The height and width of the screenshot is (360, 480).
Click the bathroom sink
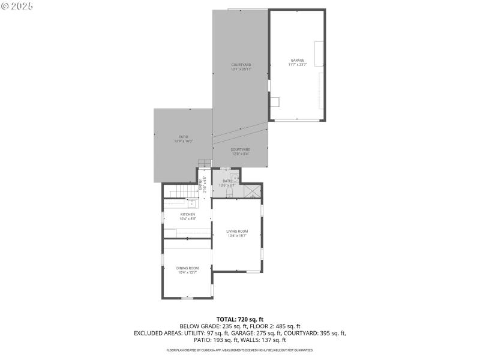(236, 178)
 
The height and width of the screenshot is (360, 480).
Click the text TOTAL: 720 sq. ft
(240, 319)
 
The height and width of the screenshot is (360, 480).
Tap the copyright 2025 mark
(17, 5)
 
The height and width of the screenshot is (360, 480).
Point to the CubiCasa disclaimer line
(240, 350)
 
